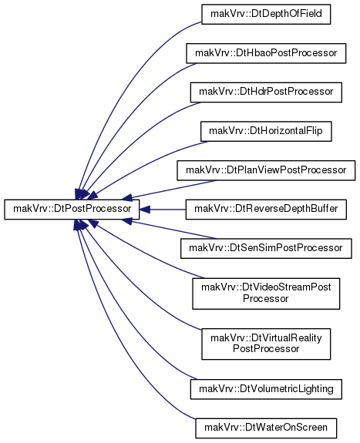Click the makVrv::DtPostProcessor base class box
click(72, 210)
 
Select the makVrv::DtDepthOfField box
click(266, 14)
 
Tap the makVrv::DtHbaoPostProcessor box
click(266, 53)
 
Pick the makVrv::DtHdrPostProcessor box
click(266, 92)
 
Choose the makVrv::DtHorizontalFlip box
click(266, 132)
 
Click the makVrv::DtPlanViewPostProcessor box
click(266, 170)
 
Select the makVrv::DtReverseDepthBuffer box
click(266, 210)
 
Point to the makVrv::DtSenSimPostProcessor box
click(266, 248)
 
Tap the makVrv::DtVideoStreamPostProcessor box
click(266, 294)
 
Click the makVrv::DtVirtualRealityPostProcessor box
click(266, 344)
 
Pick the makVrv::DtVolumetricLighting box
click(266, 389)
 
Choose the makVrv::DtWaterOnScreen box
click(266, 428)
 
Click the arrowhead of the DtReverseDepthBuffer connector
click(144, 210)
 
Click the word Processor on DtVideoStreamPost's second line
click(265, 299)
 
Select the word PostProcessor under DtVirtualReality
click(266, 349)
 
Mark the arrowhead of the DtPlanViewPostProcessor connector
click(127, 197)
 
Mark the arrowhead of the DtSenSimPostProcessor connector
click(127, 222)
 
